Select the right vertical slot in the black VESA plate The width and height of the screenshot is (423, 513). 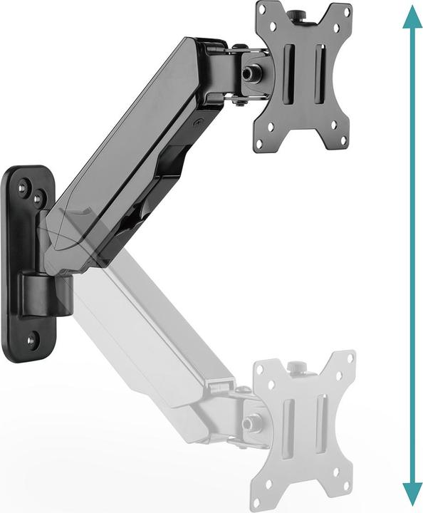tap(320, 71)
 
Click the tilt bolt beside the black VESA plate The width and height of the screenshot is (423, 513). tap(250, 73)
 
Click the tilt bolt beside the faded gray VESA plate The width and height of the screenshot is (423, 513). tap(249, 423)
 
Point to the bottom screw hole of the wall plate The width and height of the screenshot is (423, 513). tap(31, 341)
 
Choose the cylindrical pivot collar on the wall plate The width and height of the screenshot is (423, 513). tap(48, 294)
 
